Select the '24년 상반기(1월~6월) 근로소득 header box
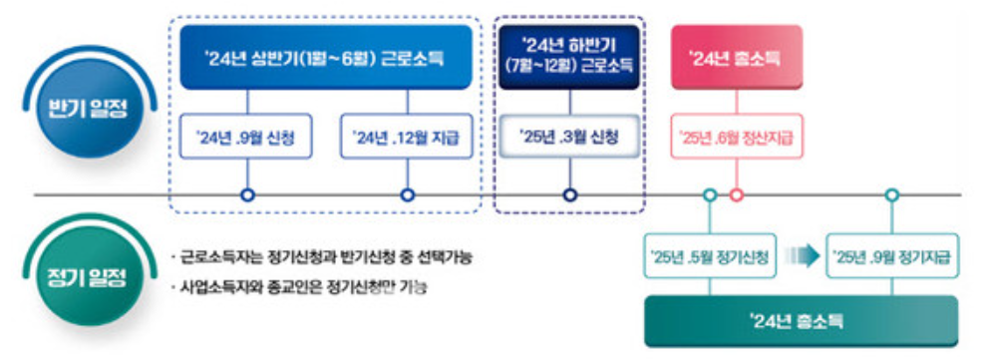(325, 59)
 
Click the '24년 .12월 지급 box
(406, 138)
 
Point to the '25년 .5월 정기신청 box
(709, 258)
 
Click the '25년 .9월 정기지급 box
(892, 258)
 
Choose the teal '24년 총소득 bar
(802, 320)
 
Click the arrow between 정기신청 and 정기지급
(800, 257)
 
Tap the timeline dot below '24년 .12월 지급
(407, 195)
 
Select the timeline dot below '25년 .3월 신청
(569, 195)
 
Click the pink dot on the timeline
(737, 195)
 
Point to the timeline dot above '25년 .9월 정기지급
(892, 195)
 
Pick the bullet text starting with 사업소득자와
(305, 288)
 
